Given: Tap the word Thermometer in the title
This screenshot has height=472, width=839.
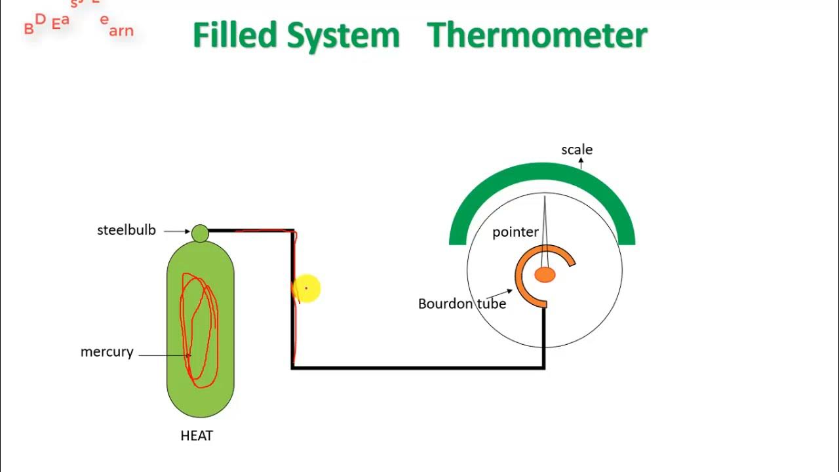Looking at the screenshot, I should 537,35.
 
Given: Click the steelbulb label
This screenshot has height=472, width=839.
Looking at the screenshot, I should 127,230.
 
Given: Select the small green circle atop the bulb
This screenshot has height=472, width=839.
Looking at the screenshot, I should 200,233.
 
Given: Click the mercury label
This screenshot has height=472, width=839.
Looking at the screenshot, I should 107,352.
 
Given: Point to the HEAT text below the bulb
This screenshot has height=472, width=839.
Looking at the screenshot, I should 197,435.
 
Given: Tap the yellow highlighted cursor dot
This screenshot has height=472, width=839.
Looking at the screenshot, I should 306,288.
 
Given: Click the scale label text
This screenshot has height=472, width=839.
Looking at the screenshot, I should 577,149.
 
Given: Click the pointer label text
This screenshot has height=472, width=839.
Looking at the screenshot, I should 515,232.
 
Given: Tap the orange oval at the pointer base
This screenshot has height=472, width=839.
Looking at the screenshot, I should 545,275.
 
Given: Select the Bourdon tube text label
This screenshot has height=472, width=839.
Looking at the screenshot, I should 462,304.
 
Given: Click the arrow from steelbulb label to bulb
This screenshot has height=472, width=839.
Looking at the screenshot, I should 176,231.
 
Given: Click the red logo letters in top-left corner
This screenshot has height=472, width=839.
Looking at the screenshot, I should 79,24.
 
